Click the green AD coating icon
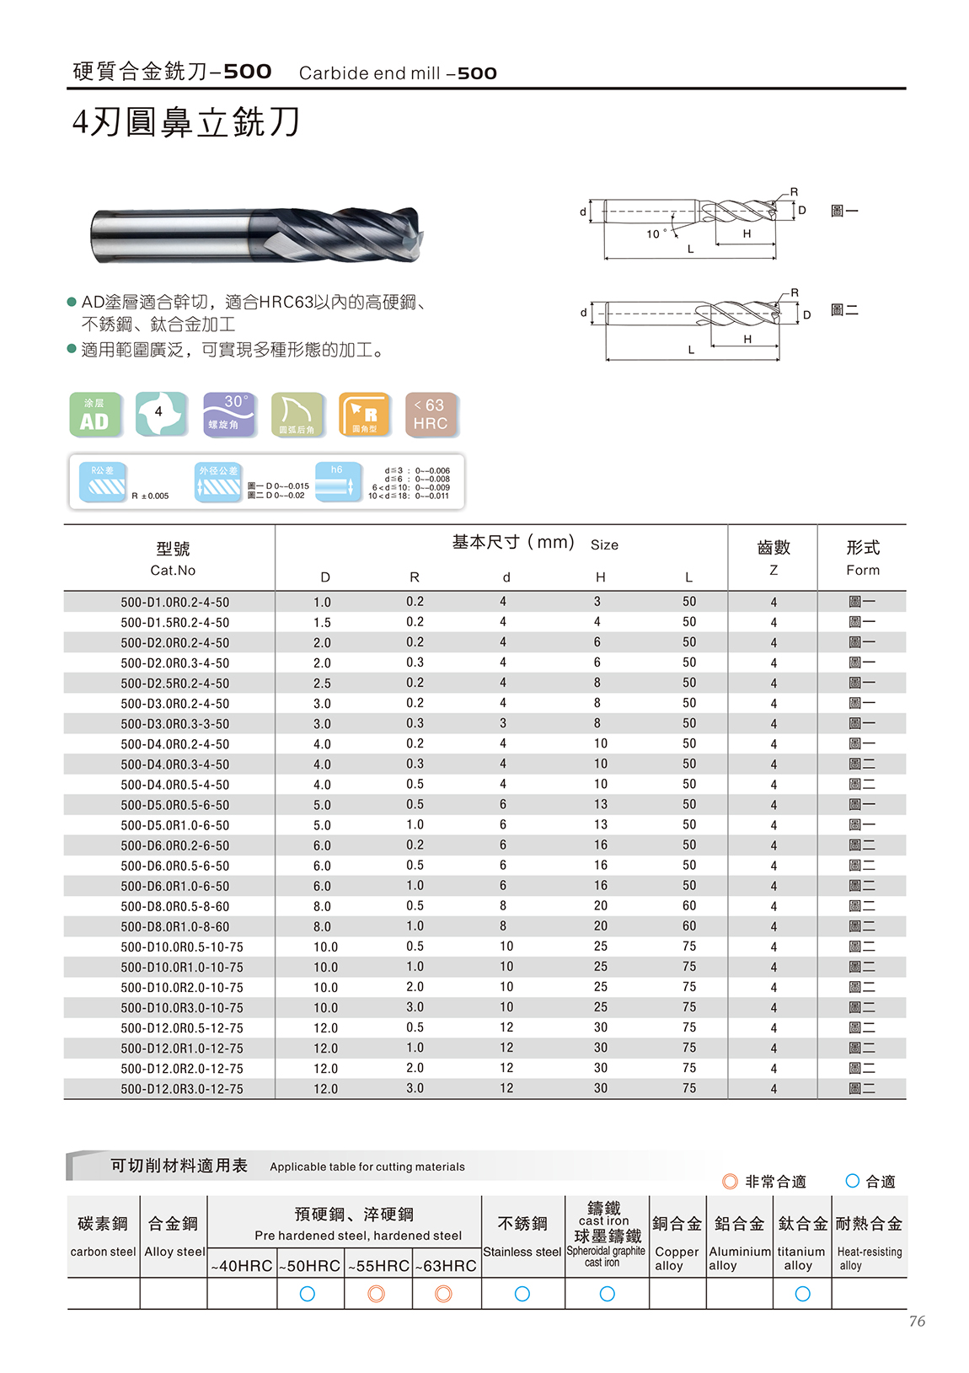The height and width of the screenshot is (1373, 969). [x=94, y=415]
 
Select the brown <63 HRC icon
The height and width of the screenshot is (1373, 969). [x=431, y=415]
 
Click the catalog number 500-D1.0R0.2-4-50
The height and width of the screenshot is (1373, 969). [x=174, y=602]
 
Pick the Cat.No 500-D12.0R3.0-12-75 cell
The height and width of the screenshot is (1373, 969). [x=181, y=1089]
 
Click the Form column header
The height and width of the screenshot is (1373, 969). [x=862, y=558]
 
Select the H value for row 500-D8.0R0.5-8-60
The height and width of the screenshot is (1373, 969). [x=600, y=906]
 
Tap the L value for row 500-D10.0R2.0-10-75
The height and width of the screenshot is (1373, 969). [x=688, y=987]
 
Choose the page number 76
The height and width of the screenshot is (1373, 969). [x=917, y=1322]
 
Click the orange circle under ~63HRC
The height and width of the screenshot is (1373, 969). [x=443, y=1294]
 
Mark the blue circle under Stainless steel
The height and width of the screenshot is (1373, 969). [x=522, y=1294]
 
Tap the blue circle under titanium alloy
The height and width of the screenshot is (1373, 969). [x=802, y=1294]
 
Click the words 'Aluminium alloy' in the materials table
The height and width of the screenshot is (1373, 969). [x=739, y=1258]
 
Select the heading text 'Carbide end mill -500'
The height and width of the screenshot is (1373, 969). [x=398, y=73]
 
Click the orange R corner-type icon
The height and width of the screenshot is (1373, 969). [x=364, y=415]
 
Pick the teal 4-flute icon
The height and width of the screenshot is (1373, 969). [x=161, y=414]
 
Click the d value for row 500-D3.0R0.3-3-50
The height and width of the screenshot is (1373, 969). [x=503, y=723]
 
